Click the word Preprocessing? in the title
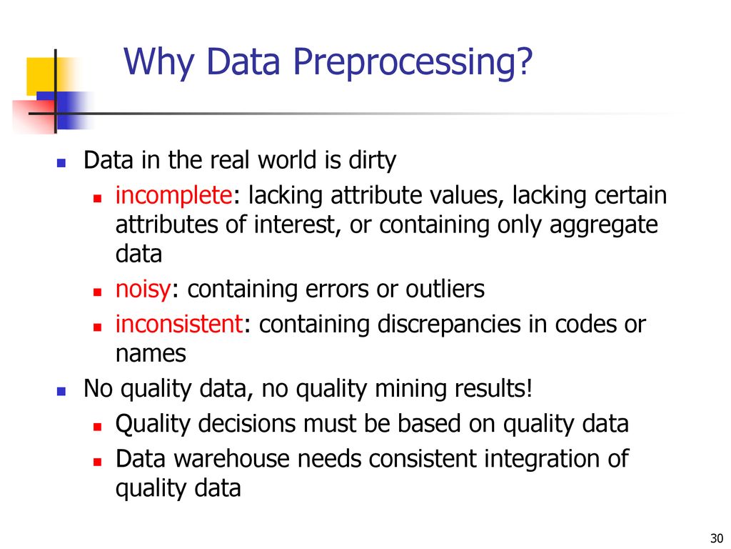click(x=412, y=63)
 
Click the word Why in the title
click(x=158, y=63)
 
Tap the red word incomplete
click(x=173, y=195)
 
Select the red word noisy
click(x=143, y=290)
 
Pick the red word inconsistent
click(x=179, y=324)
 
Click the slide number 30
click(x=716, y=538)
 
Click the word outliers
click(x=445, y=289)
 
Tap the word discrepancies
click(x=449, y=325)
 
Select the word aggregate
click(x=603, y=225)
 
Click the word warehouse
click(x=231, y=458)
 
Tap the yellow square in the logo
click(x=41, y=74)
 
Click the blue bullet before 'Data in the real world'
click(x=61, y=163)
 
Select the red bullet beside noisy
click(x=97, y=292)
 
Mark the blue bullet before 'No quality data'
click(x=61, y=391)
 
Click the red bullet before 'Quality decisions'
click(x=97, y=426)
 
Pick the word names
click(x=151, y=354)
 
